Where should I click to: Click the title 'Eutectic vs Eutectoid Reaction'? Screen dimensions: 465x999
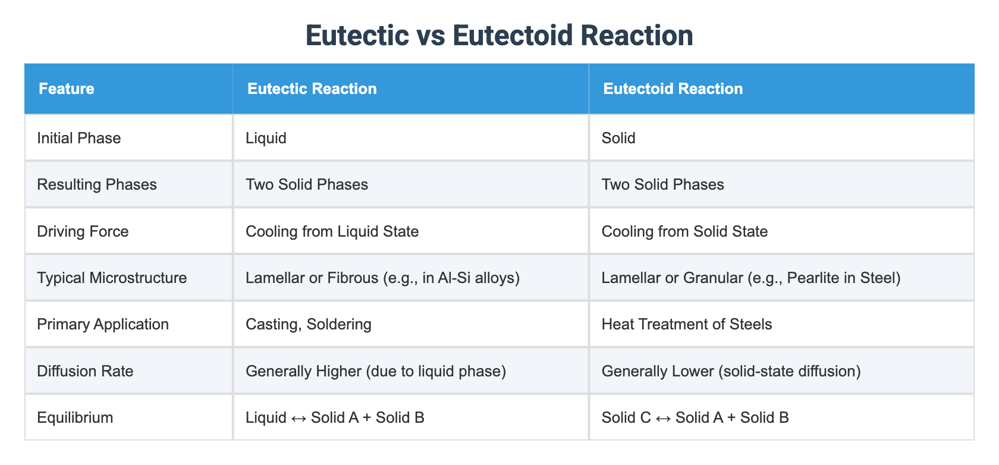[499, 35]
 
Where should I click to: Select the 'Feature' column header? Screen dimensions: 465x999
[66, 89]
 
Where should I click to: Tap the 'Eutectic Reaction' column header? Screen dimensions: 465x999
[312, 89]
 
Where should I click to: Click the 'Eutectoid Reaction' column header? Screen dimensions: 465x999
[673, 89]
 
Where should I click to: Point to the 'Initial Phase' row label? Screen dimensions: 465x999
[78, 138]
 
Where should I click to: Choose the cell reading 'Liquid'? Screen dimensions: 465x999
[266, 138]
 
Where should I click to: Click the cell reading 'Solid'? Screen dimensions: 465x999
[618, 138]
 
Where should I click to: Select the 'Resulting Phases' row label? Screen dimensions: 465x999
[96, 184]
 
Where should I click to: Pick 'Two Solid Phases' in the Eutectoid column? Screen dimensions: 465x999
[662, 184]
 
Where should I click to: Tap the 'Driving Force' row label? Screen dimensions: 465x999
[83, 231]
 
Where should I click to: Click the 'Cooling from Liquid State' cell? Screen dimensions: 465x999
[332, 231]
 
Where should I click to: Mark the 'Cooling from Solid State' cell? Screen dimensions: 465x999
[684, 231]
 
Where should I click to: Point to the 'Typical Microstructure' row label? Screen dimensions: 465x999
[112, 278]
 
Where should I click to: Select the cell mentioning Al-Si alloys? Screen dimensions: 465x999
[382, 278]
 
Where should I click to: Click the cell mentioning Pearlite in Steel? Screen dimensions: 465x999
[750, 278]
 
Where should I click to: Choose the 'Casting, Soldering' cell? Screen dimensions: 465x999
[308, 324]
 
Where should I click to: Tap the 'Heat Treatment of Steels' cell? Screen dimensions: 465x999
[687, 324]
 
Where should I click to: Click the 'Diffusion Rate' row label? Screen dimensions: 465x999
[84, 371]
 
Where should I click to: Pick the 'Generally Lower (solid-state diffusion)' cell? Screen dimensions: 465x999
[731, 371]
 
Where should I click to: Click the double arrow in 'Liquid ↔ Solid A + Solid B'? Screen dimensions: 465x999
[299, 417]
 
